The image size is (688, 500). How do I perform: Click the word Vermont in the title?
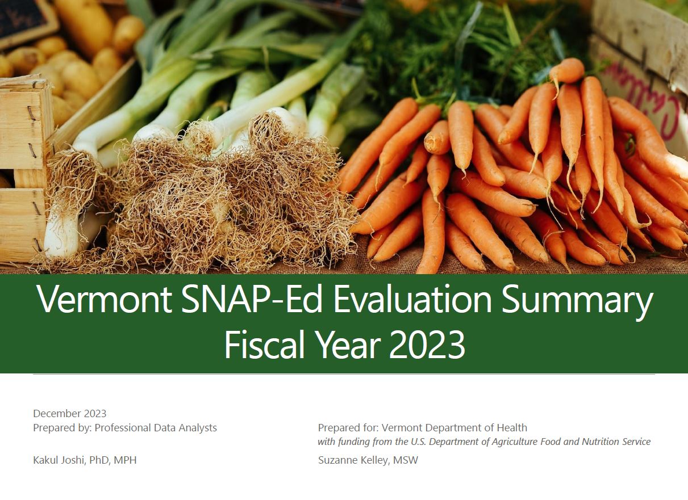click(105, 299)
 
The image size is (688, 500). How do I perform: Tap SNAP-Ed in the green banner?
click(252, 299)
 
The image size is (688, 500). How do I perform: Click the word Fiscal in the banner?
click(264, 344)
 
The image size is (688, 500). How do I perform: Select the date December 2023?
click(70, 414)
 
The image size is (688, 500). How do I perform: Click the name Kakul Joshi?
click(58, 460)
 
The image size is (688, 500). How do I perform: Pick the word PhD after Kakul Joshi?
click(99, 460)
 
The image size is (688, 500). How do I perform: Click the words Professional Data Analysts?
click(156, 428)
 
